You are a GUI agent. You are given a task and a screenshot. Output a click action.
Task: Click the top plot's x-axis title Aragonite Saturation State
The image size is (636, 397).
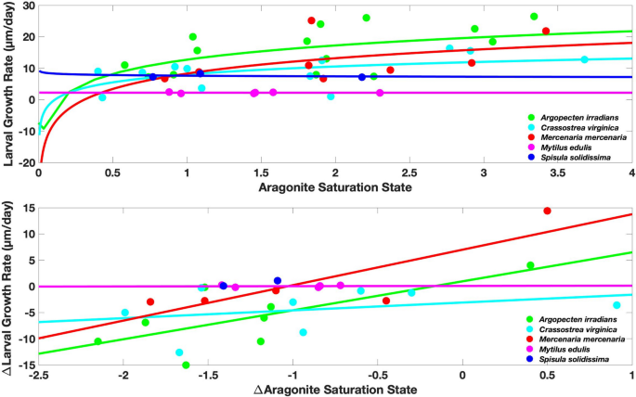tap(334, 187)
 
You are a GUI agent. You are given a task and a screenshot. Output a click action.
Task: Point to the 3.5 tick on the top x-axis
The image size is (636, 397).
tap(557, 173)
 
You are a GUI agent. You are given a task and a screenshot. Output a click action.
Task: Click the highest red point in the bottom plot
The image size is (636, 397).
tap(547, 211)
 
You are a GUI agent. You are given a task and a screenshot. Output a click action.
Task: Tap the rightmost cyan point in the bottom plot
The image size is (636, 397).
tap(616, 305)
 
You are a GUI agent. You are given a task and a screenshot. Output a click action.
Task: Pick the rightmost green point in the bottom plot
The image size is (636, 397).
tap(530, 265)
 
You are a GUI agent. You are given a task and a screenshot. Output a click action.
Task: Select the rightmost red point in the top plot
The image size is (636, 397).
tap(546, 32)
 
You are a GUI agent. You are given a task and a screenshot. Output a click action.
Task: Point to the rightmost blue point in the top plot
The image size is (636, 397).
tap(362, 77)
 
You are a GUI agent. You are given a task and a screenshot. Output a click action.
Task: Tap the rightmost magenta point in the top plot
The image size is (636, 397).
tap(380, 93)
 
